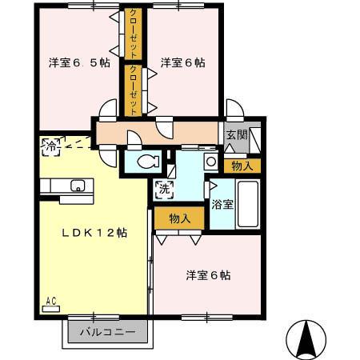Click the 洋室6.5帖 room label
pos(78,62)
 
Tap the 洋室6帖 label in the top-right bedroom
pos(183,62)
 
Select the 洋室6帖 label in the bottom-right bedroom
pos(209,275)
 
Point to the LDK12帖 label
pos(95,233)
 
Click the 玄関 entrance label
pos(235,135)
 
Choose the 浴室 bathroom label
pos(222,204)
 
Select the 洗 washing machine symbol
pos(163,190)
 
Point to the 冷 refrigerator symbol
pos(50,147)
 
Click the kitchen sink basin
pos(78,187)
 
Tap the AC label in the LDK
pos(50,301)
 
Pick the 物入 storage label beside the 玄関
pos(242,166)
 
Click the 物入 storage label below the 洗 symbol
pos(179,218)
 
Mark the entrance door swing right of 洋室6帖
pos(234,110)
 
